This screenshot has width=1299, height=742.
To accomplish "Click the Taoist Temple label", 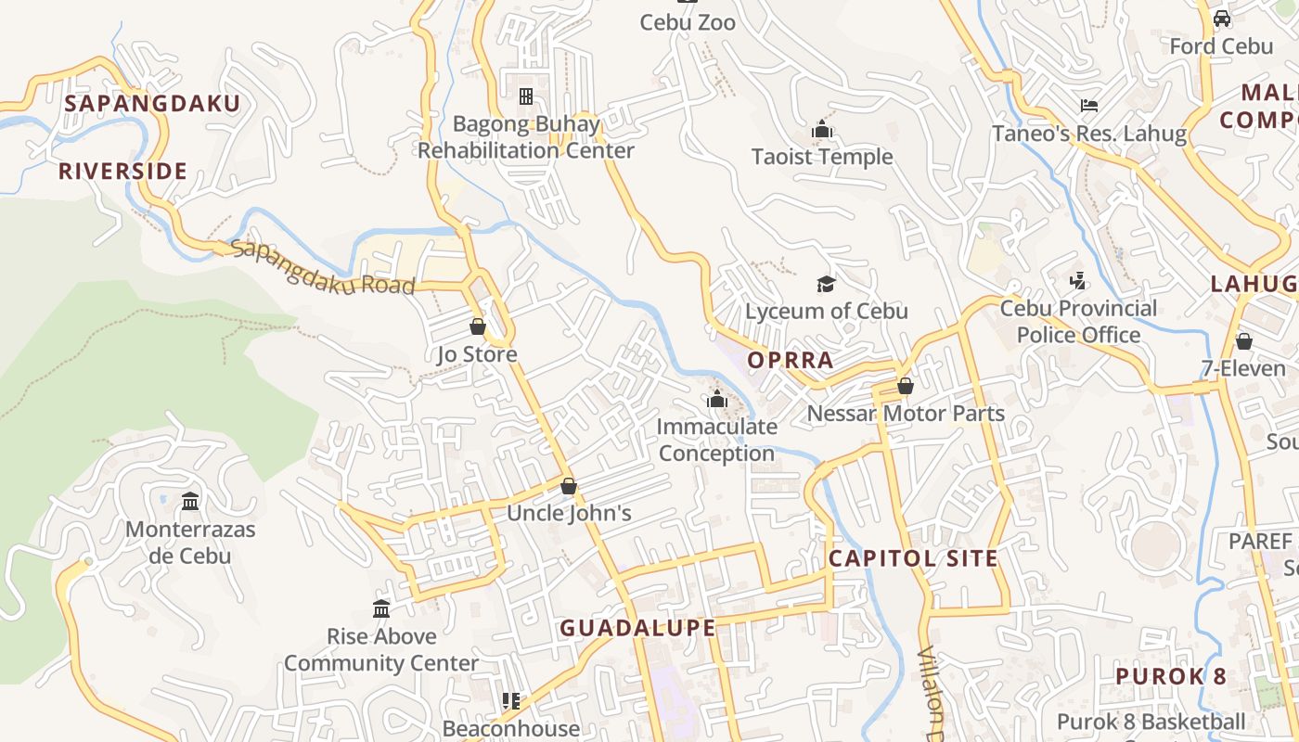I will click(822, 157).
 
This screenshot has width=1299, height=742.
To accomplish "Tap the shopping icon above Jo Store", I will click(478, 326).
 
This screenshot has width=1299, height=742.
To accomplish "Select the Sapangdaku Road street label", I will click(322, 267).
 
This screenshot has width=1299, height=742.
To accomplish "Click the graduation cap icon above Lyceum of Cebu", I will click(826, 283).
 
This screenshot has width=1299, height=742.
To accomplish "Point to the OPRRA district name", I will click(791, 360).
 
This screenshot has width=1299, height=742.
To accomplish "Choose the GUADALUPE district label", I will click(637, 628).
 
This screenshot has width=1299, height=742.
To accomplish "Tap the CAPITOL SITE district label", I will click(913, 558).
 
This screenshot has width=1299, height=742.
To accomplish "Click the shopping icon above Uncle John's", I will click(569, 486).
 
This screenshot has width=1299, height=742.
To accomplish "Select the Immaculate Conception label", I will click(716, 440).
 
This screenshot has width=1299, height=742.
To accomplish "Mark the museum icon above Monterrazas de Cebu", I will click(190, 501).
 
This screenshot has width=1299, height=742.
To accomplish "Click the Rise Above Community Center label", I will click(381, 649).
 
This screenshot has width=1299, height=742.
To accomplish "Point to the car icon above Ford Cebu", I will click(1222, 19).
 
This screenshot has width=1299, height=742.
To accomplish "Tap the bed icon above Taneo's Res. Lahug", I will click(1089, 106).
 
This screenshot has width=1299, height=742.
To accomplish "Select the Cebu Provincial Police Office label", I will click(1078, 321).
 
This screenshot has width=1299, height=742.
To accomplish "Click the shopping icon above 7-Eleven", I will click(1244, 341).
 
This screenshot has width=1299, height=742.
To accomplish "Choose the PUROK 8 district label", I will click(1171, 676).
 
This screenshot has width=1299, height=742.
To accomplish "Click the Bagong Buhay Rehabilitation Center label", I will click(526, 137).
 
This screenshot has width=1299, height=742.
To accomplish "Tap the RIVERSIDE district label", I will click(123, 171).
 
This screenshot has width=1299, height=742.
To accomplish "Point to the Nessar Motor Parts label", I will click(907, 413).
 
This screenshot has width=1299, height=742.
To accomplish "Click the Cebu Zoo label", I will click(688, 21).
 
